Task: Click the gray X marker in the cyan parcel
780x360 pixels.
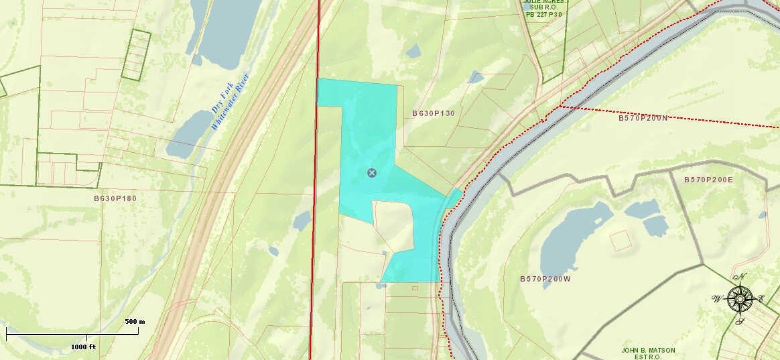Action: (x=372, y=173)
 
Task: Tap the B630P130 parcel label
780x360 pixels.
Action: (x=434, y=113)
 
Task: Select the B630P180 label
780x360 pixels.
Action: (x=115, y=198)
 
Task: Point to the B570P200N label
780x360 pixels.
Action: (x=643, y=118)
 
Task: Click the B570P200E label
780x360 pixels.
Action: (x=708, y=180)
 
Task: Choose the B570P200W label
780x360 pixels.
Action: (x=545, y=278)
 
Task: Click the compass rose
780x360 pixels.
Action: (x=740, y=299)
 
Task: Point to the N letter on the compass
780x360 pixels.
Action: (x=741, y=277)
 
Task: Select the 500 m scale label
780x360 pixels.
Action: (x=135, y=322)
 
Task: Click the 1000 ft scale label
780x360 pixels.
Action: (x=84, y=347)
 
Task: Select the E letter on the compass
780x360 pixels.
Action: (x=761, y=299)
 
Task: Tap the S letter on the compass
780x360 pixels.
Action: (x=740, y=321)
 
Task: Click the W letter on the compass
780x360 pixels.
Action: (x=717, y=298)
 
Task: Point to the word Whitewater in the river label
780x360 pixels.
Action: (x=230, y=101)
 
